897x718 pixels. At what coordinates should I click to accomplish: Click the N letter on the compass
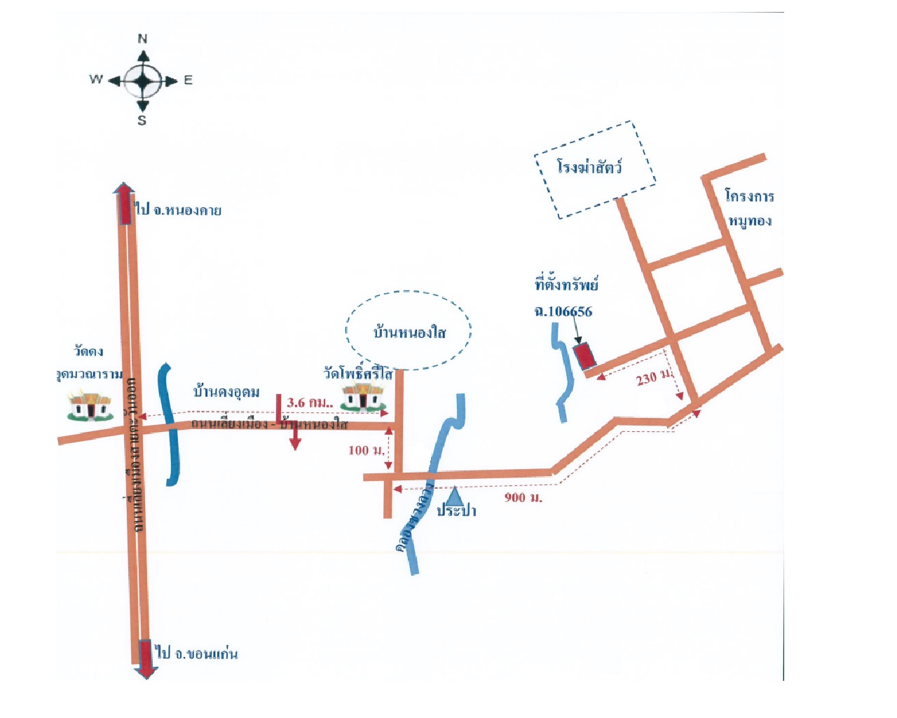pyautogui.click(x=142, y=39)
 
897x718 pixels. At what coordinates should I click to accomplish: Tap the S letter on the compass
pyautogui.click(x=142, y=121)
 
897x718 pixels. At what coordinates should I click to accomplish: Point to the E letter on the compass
pyautogui.click(x=188, y=80)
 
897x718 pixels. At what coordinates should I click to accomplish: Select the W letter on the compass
pyautogui.click(x=96, y=79)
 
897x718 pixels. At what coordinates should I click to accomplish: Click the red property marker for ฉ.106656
pyautogui.click(x=584, y=356)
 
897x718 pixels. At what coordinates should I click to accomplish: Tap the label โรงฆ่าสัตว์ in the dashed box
pyautogui.click(x=589, y=168)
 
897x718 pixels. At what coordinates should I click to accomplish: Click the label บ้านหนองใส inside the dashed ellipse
pyautogui.click(x=409, y=332)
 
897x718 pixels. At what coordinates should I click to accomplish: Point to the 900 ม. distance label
pyautogui.click(x=523, y=498)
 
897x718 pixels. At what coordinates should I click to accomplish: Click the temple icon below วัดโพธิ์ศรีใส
pyautogui.click(x=363, y=398)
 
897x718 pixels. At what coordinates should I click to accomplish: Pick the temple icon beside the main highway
pyautogui.click(x=90, y=406)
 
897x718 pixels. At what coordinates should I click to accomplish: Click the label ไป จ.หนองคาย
pyautogui.click(x=179, y=210)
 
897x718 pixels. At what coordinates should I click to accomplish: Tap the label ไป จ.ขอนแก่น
pyautogui.click(x=197, y=653)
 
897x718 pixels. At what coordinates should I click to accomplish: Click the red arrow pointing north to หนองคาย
pyautogui.click(x=124, y=203)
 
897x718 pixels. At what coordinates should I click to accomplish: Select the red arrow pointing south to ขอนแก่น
pyautogui.click(x=145, y=658)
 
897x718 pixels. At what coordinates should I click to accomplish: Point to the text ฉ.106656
pyautogui.click(x=563, y=311)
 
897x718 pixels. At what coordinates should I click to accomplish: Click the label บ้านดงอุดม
pyautogui.click(x=226, y=391)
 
